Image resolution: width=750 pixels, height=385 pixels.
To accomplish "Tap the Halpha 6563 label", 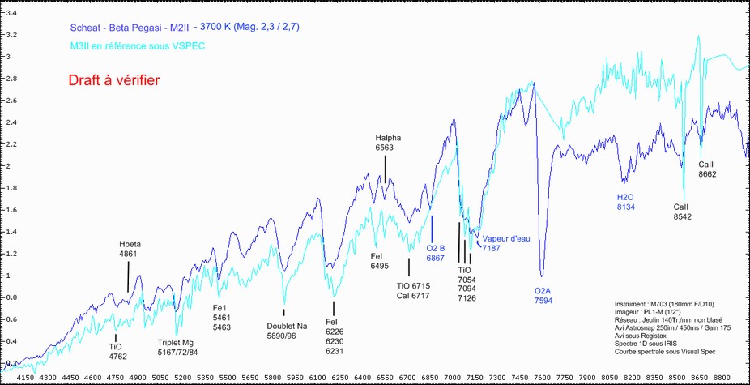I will click(x=387, y=143).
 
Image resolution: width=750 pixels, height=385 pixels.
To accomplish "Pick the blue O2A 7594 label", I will click(x=543, y=295).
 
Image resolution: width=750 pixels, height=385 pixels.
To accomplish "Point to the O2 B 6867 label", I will click(x=436, y=253).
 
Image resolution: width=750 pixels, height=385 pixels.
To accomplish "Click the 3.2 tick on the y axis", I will click(x=11, y=36).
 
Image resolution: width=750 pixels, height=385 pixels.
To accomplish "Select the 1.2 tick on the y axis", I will click(x=11, y=254).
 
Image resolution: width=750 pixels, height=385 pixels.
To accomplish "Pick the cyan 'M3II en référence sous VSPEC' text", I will click(x=138, y=46).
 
